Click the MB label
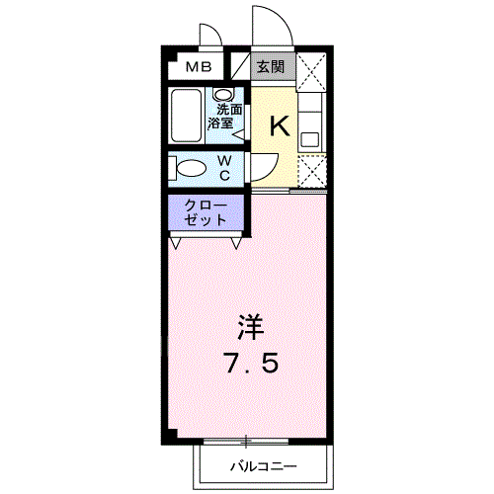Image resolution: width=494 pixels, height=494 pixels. click(x=201, y=67)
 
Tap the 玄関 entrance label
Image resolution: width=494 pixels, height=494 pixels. click(x=271, y=67)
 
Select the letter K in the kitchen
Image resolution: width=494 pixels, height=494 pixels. click(x=280, y=125)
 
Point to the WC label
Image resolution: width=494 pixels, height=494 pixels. click(x=224, y=167)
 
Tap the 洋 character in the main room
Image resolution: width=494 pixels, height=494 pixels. click(x=248, y=327)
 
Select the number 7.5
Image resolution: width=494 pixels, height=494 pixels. click(x=248, y=364)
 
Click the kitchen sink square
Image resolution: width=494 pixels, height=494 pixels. click(x=309, y=137)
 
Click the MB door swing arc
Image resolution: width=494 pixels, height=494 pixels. click(x=210, y=35)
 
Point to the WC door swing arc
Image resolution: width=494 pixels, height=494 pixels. click(x=261, y=165)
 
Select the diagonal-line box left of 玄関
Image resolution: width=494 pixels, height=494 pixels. click(x=240, y=67)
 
